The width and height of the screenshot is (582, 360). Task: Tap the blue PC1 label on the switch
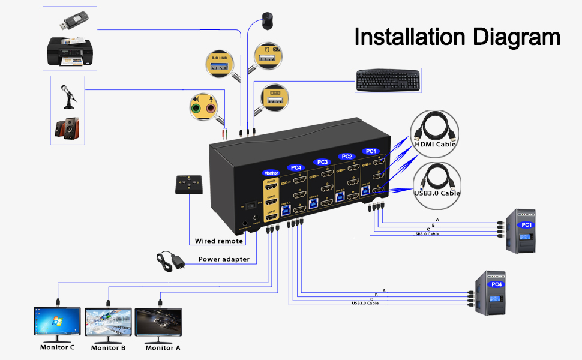[370, 151]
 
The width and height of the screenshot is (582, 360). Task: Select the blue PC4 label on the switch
[295, 167]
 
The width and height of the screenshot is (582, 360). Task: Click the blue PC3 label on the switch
[322, 162]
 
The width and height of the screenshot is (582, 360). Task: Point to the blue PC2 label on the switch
[346, 157]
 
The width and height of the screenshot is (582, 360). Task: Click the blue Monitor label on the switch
[271, 173]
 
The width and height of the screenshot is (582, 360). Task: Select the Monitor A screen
[158, 324]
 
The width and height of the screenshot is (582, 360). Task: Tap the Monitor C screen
[58, 324]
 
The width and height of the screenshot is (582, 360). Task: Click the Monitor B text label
[108, 347]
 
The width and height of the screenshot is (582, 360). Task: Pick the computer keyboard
[386, 80]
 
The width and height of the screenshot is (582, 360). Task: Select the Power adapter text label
[224, 260]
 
